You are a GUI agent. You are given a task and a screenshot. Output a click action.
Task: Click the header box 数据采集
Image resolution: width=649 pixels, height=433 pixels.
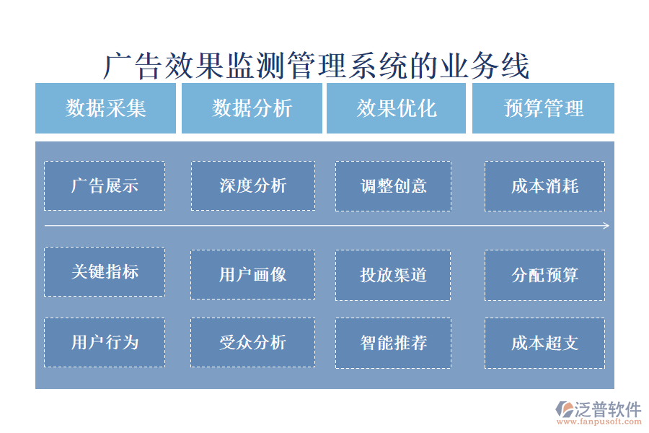point(105,108)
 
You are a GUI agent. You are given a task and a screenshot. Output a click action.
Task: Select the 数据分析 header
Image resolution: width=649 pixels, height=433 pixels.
point(252,108)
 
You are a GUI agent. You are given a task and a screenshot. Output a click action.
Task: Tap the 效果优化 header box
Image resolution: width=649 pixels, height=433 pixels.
point(397,108)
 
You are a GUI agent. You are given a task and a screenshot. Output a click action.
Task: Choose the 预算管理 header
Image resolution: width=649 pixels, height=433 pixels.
point(543,108)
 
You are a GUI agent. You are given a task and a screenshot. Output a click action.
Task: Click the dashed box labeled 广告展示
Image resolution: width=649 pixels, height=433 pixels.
point(105,185)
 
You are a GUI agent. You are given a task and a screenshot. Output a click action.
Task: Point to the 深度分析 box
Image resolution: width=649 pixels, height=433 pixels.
point(252,185)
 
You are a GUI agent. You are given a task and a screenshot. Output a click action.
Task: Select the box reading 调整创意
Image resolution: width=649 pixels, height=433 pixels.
point(393,185)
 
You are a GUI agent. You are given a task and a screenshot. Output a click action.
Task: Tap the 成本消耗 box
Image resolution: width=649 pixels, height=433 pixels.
point(544,185)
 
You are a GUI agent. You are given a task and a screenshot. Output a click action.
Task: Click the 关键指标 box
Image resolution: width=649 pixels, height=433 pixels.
point(105,271)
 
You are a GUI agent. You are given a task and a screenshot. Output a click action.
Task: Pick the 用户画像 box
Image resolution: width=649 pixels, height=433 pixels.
point(252,275)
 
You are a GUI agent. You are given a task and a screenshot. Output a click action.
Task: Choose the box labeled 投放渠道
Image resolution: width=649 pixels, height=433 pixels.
point(393,275)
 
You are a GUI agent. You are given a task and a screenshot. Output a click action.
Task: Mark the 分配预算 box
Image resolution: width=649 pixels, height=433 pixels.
point(544,275)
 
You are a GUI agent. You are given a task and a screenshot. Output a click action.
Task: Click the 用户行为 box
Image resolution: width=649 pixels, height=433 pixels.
point(105,342)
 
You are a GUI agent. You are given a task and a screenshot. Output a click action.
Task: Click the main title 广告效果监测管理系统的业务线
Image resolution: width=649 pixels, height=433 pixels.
point(317,66)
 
